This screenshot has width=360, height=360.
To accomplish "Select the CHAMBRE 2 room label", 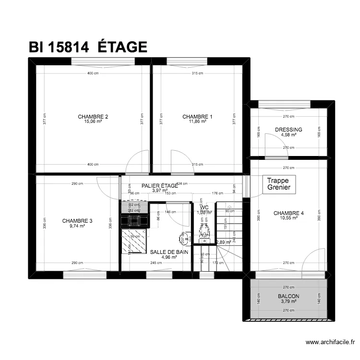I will [x=93, y=117].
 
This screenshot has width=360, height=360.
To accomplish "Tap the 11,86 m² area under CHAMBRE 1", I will [x=197, y=122].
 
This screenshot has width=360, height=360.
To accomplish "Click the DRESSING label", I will [x=288, y=130].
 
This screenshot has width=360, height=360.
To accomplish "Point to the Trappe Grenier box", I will [x=279, y=184].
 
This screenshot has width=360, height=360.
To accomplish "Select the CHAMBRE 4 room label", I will [x=288, y=213].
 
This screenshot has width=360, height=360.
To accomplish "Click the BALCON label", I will [x=288, y=297].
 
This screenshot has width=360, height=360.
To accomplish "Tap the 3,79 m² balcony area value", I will [x=288, y=301].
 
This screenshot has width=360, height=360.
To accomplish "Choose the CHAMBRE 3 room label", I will [x=77, y=221].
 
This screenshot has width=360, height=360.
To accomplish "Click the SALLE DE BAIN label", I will [x=169, y=252].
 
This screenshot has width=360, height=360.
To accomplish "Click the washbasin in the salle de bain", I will [x=184, y=238].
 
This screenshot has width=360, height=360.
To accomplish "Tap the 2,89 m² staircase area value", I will [x=223, y=242].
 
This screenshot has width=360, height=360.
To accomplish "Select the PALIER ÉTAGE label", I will [x=160, y=185].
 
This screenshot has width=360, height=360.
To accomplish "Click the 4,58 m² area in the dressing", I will [x=288, y=135].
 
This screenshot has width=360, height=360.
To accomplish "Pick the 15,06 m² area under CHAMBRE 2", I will [x=93, y=122].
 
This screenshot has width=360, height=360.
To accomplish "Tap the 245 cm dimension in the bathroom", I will [x=156, y=263].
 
